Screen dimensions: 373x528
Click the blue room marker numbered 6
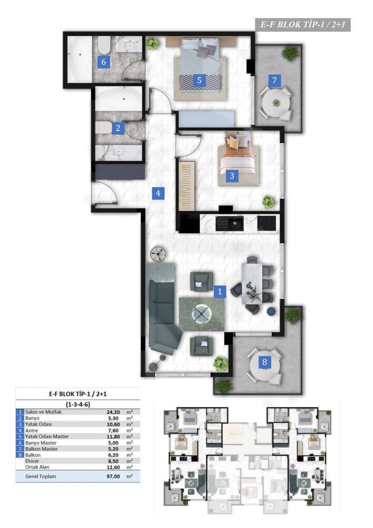click(x=103, y=62)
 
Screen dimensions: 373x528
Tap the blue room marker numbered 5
click(x=199, y=80)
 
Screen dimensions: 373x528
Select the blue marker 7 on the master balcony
click(x=274, y=80)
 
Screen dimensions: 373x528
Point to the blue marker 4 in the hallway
click(x=158, y=193)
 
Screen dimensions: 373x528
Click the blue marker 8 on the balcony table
click(x=265, y=362)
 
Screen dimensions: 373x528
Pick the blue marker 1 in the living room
click(x=220, y=291)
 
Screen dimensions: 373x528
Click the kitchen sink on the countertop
click(x=229, y=223)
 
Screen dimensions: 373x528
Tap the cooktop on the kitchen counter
click(x=267, y=223)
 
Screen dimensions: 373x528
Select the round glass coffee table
click(x=201, y=314)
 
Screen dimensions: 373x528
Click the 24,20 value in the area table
click(x=113, y=412)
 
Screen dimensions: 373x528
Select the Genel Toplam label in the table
click(x=41, y=476)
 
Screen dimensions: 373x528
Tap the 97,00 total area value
click(x=113, y=476)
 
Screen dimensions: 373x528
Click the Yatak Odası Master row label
click(x=47, y=437)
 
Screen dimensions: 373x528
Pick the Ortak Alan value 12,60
click(x=113, y=467)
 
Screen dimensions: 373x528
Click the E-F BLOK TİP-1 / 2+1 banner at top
click(x=303, y=25)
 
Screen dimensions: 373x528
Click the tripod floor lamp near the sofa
click(x=159, y=253)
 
